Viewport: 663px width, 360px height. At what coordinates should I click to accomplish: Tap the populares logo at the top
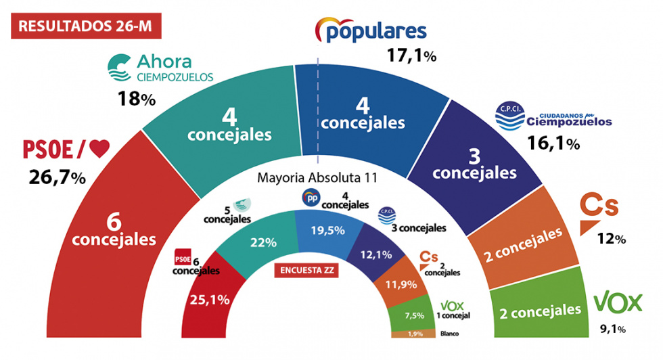point(371,30)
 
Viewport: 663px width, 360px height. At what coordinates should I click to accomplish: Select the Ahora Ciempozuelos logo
point(160,68)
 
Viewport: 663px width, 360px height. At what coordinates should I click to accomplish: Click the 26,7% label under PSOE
point(57,177)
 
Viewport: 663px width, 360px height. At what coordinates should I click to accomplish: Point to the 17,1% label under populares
point(411,56)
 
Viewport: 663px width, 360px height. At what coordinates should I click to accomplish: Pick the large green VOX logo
point(617,303)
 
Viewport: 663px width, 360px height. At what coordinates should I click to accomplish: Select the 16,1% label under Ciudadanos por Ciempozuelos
point(553,143)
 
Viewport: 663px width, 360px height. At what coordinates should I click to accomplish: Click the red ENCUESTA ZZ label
point(306,271)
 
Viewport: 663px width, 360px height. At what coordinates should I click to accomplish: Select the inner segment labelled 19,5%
point(327,230)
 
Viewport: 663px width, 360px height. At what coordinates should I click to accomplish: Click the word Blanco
point(450,334)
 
